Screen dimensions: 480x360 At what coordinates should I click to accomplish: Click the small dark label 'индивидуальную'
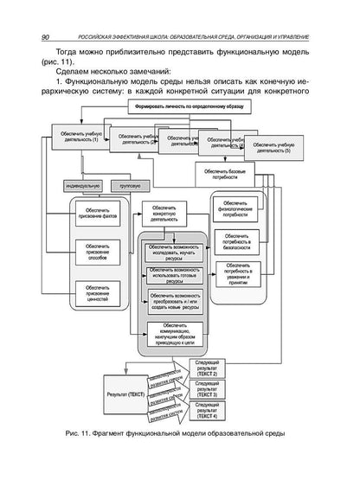coord(83,185)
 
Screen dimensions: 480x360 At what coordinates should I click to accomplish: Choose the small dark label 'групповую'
coord(130,185)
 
